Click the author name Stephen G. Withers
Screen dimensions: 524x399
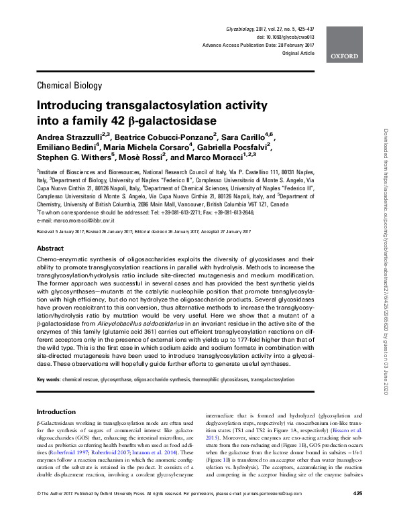(x=74, y=159)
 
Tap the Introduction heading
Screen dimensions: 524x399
(x=57, y=411)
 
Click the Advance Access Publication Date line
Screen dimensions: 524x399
(x=258, y=46)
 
